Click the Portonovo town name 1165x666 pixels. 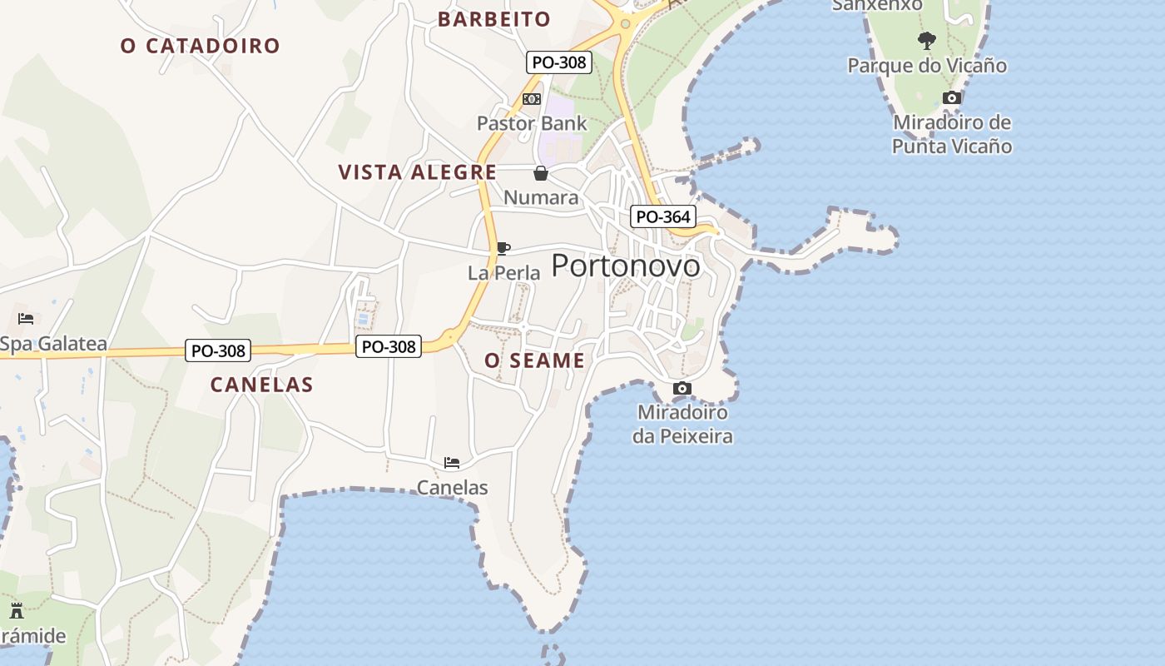tap(626, 266)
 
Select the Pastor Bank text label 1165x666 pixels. tap(532, 124)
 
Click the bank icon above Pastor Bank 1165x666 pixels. tap(532, 99)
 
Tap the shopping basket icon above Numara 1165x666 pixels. tap(541, 173)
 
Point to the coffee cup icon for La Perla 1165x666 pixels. tap(503, 248)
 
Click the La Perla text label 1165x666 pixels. tap(504, 273)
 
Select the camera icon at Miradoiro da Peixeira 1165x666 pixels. tap(682, 388)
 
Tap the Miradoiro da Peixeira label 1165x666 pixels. tap(682, 424)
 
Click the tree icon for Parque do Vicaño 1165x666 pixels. tap(926, 41)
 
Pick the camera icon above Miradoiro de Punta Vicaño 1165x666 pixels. tap(952, 97)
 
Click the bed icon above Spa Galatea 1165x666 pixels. tap(26, 319)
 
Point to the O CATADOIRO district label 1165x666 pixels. tap(200, 46)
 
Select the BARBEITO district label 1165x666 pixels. tap(494, 19)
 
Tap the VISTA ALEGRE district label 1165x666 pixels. tap(417, 172)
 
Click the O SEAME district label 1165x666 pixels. tap(534, 360)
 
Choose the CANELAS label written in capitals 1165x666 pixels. tap(261, 385)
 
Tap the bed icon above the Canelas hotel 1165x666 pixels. tap(452, 463)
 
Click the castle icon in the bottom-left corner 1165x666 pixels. tap(16, 611)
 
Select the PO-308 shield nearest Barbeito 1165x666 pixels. tap(558, 62)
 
